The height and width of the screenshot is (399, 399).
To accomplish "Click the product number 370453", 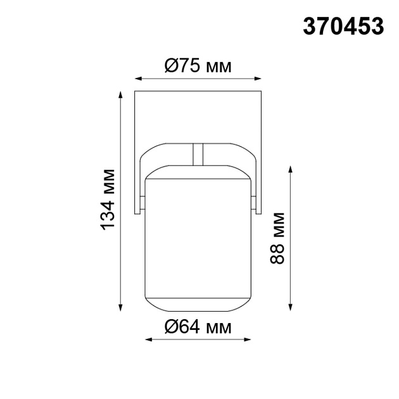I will click(x=344, y=26).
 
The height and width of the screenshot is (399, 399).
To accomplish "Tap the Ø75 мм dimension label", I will click(x=198, y=66).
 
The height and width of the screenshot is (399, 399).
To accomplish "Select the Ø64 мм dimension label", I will click(x=198, y=327).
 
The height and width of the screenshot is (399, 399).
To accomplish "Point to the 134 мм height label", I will click(x=108, y=199).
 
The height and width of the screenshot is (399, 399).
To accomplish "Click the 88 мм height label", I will click(x=276, y=237).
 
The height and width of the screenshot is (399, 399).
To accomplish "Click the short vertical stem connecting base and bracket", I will click(x=198, y=153).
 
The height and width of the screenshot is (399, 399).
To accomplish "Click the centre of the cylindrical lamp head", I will click(x=198, y=237).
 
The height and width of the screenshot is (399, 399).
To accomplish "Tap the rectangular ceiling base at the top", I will click(x=198, y=117).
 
